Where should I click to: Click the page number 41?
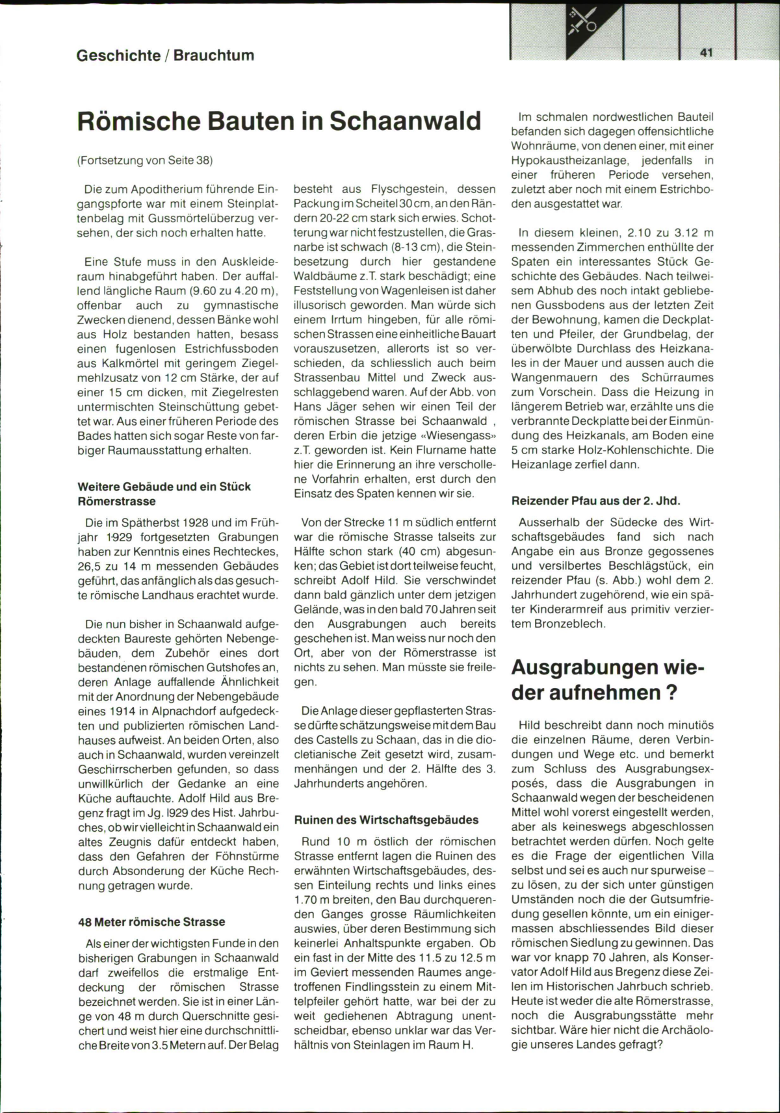pyautogui.click(x=707, y=53)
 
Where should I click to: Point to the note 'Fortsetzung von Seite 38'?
pyautogui.click(x=144, y=160)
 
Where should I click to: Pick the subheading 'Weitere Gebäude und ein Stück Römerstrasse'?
pyautogui.click(x=164, y=494)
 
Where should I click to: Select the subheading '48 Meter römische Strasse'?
pyautogui.click(x=151, y=921)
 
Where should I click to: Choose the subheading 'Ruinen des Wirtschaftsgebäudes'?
pyautogui.click(x=386, y=820)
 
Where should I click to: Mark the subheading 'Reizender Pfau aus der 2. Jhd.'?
pyautogui.click(x=595, y=501)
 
